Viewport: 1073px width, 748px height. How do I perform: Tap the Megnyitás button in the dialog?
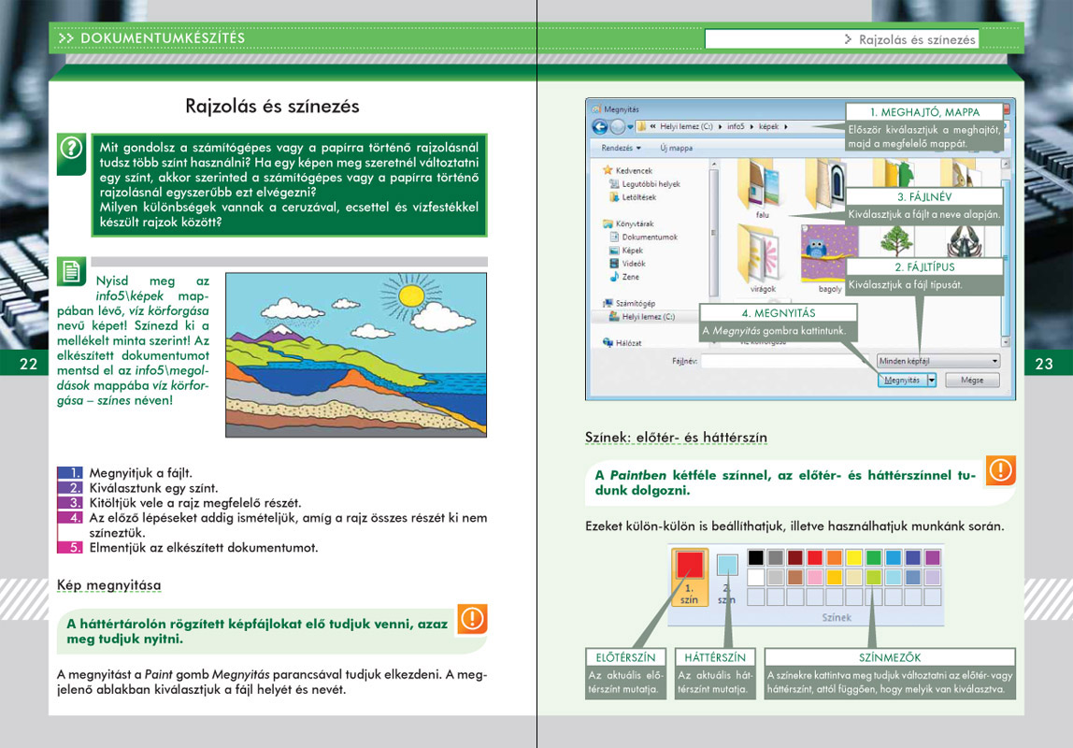coord(902,381)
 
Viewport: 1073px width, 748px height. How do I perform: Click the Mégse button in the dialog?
coord(971,381)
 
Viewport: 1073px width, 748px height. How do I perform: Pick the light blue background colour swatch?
coord(727,565)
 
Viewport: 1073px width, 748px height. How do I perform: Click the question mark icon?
coord(71,148)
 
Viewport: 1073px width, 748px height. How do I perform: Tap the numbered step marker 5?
coord(70,548)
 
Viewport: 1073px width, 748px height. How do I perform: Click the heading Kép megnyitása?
coord(108,586)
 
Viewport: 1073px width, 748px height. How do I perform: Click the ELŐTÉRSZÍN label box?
coord(625,657)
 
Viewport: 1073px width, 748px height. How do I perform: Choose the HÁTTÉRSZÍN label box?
coord(715,657)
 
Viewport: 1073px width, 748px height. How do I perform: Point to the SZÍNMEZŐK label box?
coord(889,657)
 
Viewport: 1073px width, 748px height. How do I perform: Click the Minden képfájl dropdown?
coord(937,360)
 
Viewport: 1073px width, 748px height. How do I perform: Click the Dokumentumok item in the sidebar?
coord(648,237)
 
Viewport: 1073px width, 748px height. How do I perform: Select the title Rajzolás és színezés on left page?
coord(272,106)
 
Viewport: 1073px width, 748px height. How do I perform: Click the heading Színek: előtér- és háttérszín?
coord(677,438)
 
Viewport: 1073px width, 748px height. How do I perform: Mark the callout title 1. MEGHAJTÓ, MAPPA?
coord(923,112)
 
